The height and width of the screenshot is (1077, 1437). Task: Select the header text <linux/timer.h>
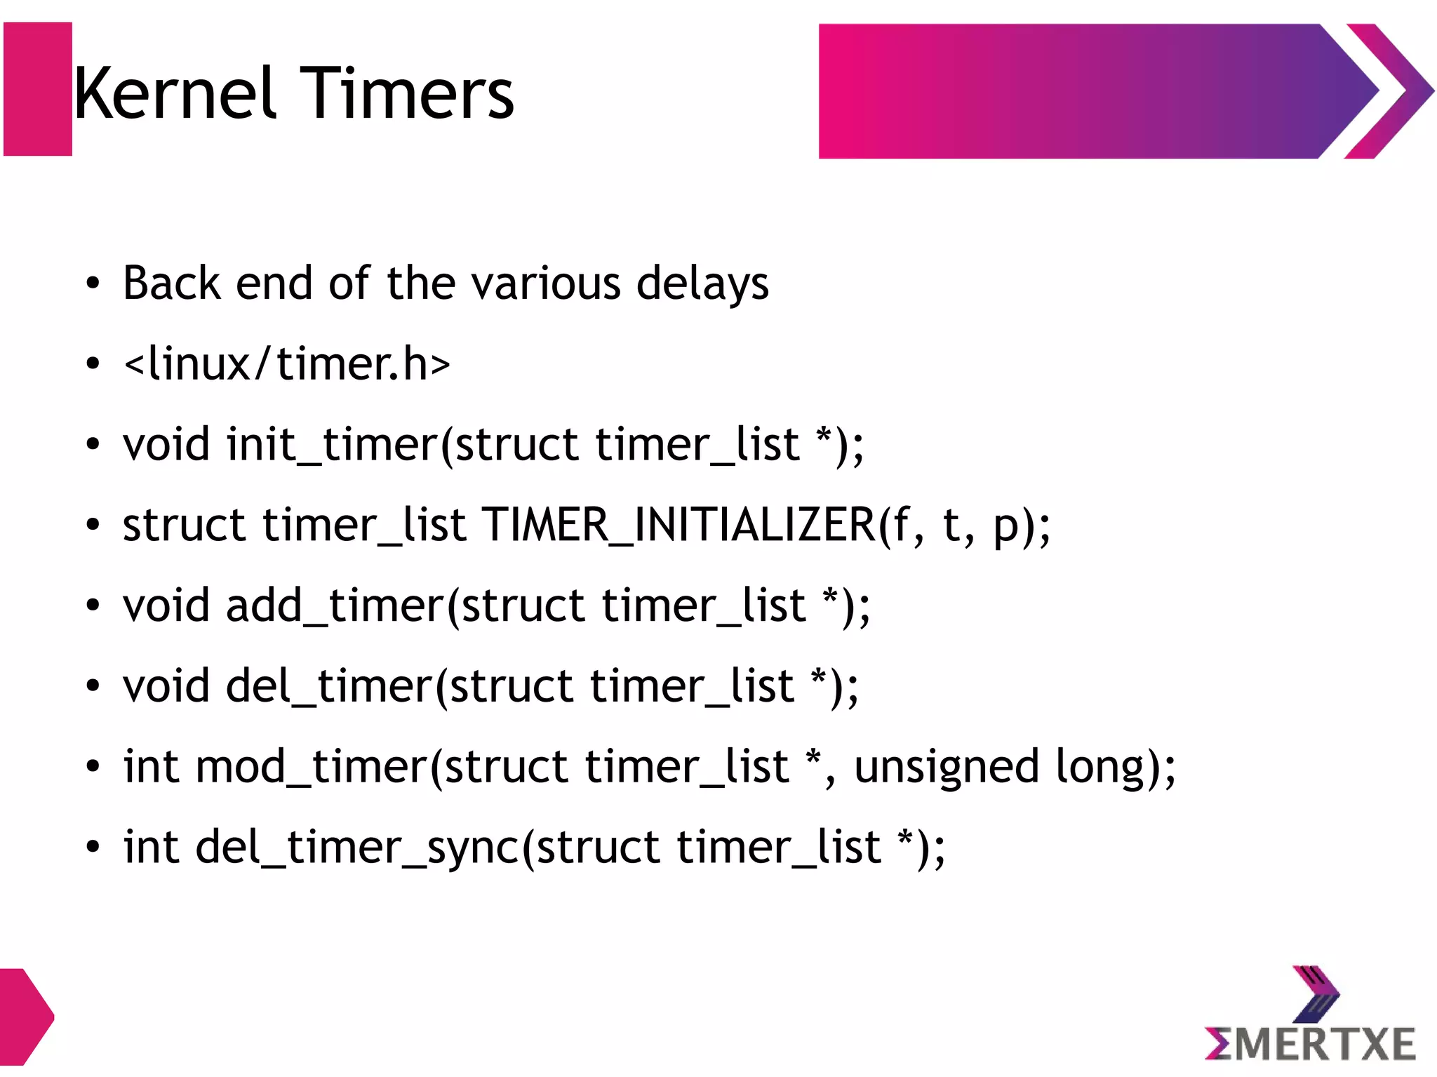pyautogui.click(x=286, y=364)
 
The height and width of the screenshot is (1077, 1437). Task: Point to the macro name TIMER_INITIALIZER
pyautogui.click(x=679, y=525)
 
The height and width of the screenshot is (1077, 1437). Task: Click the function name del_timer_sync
pyautogui.click(x=357, y=847)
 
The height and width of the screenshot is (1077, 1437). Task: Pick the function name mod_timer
pyautogui.click(x=311, y=766)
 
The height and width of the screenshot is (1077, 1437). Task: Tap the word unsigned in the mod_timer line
pyautogui.click(x=946, y=767)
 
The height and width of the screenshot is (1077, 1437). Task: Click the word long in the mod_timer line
pyautogui.click(x=1101, y=767)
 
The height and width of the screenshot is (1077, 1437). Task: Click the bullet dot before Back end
pyautogui.click(x=93, y=284)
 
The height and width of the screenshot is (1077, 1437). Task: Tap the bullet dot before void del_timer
pyautogui.click(x=93, y=686)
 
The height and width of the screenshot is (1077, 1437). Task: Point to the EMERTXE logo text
pyautogui.click(x=1310, y=1043)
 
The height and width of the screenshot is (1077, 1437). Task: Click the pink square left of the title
pyautogui.click(x=38, y=89)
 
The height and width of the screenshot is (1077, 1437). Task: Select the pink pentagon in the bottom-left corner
pyautogui.click(x=24, y=1017)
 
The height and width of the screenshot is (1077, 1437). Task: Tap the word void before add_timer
pyautogui.click(x=166, y=606)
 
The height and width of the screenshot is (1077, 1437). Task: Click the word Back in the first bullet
pyautogui.click(x=172, y=284)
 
